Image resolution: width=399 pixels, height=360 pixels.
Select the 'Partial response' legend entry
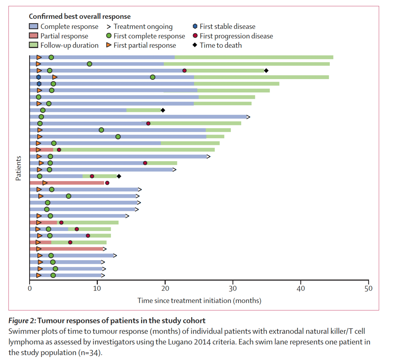(59, 36)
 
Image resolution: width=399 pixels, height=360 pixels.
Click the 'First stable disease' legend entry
(224, 27)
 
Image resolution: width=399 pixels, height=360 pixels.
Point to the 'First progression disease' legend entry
(233, 36)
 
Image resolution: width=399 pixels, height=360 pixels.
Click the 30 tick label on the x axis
(233, 288)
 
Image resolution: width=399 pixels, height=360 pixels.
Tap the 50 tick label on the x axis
(368, 288)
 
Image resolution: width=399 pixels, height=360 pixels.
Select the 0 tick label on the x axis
(30, 288)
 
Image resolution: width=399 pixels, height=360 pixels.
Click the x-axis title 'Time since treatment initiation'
(199, 300)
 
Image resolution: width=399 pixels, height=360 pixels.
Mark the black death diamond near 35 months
(266, 71)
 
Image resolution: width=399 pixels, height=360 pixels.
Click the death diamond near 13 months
(119, 176)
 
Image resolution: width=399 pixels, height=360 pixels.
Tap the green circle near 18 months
(153, 77)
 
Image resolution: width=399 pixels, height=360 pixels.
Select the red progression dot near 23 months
(184, 71)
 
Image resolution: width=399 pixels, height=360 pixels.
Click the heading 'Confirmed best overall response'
(80, 17)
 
